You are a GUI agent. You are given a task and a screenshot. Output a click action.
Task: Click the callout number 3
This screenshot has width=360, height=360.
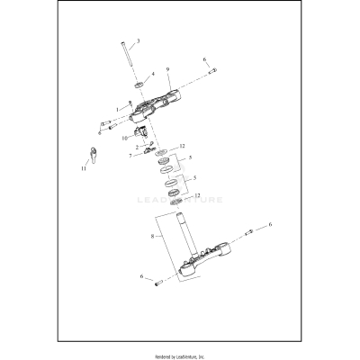point(139,40)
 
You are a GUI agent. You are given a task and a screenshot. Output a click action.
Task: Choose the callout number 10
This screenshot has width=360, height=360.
point(113,139)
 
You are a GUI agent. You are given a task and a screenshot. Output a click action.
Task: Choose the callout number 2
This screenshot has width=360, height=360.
point(136,147)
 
